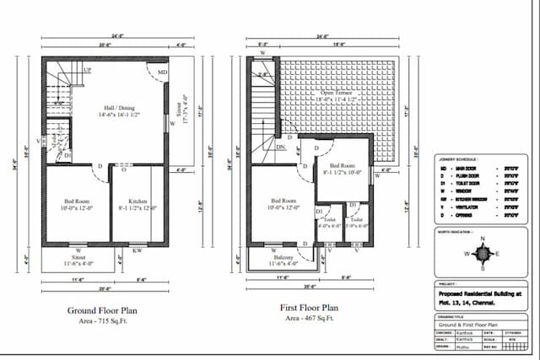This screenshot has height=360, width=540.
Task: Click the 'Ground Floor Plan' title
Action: click(101, 310)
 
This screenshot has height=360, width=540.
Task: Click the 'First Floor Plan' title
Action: click(309, 309)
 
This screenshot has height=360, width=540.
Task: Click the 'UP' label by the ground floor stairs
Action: click(87, 70)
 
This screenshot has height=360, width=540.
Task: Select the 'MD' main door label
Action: click(162, 73)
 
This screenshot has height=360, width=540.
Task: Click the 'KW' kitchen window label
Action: click(137, 250)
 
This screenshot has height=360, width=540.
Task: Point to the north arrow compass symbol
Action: click(482, 253)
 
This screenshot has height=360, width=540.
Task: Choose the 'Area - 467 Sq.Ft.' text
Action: click(309, 319)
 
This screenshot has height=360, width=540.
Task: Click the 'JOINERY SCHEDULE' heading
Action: click(458, 159)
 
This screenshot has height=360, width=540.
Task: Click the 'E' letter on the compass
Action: click(497, 253)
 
